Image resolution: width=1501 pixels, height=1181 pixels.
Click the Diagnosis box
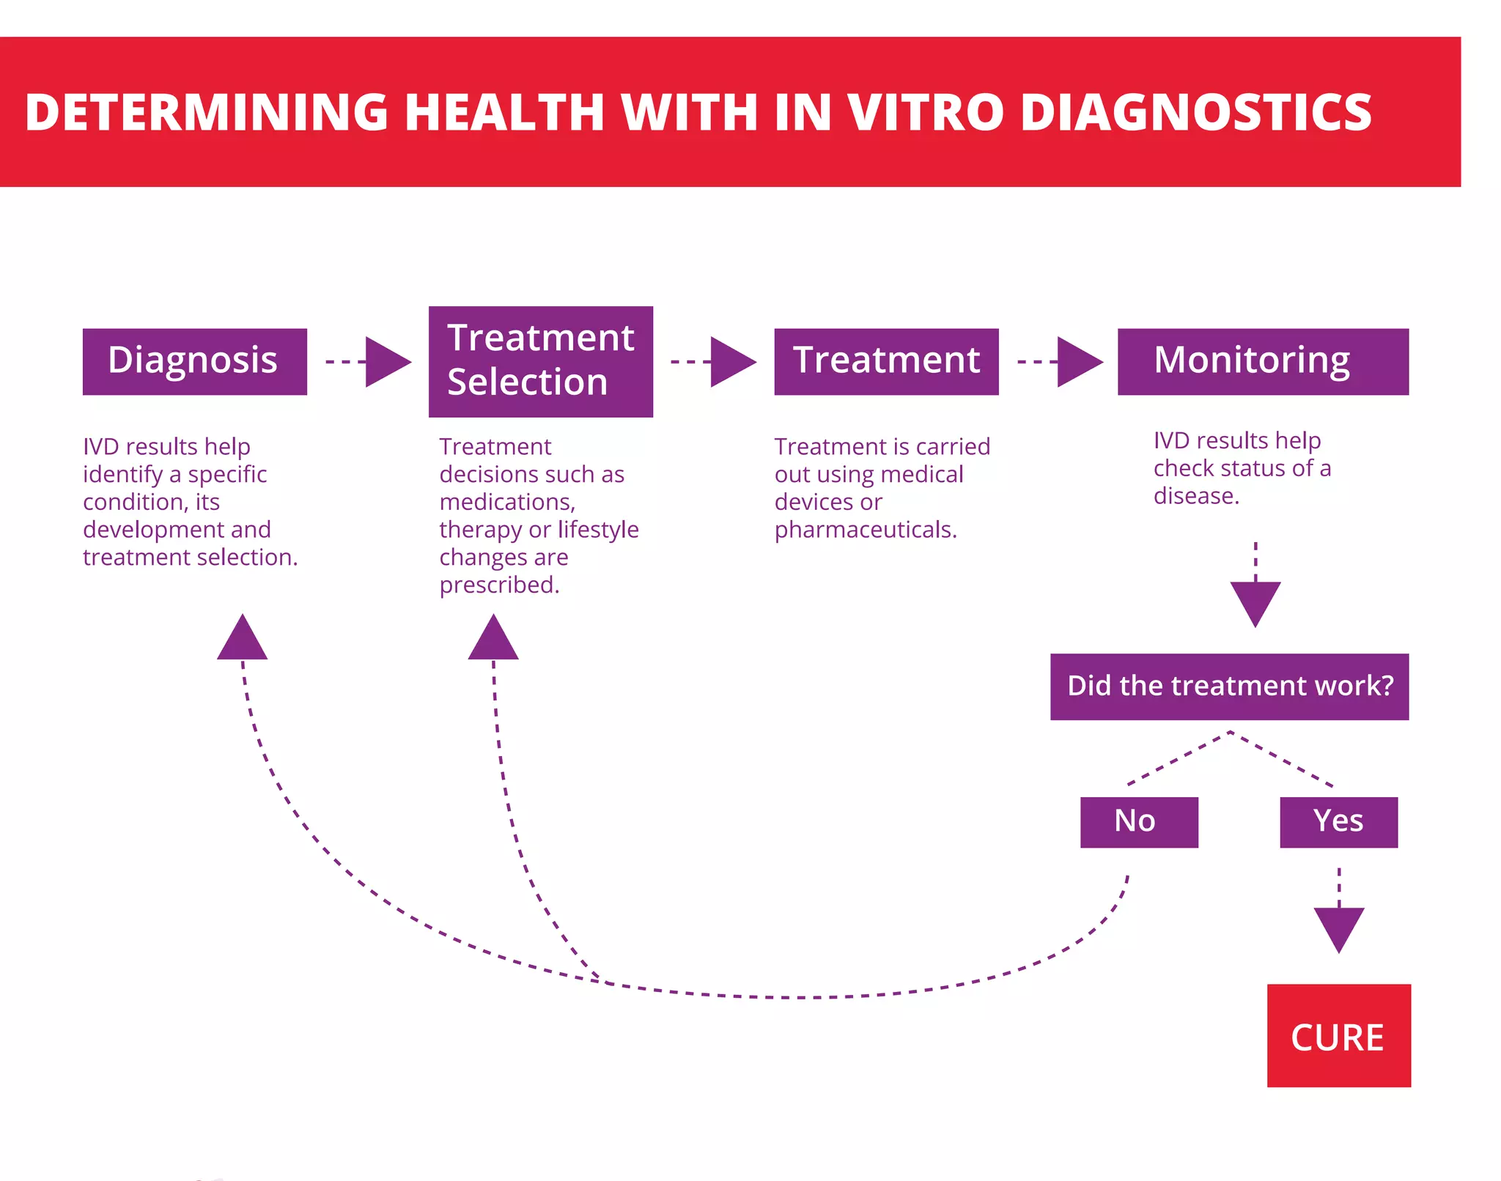click(194, 361)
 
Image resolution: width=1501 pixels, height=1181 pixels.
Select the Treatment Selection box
click(540, 361)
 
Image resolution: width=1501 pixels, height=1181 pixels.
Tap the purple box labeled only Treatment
click(885, 361)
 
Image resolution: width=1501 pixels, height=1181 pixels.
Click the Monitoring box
click(1262, 361)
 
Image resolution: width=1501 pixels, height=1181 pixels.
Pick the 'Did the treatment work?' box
click(1229, 686)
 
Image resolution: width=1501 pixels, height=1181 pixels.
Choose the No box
click(1138, 822)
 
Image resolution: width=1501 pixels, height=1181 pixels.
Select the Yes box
click(1338, 822)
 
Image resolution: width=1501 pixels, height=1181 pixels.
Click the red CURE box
click(1338, 1035)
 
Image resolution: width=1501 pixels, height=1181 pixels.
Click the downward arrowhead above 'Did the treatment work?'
click(1255, 601)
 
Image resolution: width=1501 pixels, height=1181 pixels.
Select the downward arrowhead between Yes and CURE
click(1338, 927)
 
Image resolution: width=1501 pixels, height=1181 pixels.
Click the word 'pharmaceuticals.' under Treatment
click(866, 530)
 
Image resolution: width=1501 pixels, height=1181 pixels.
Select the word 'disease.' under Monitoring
click(1196, 496)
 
